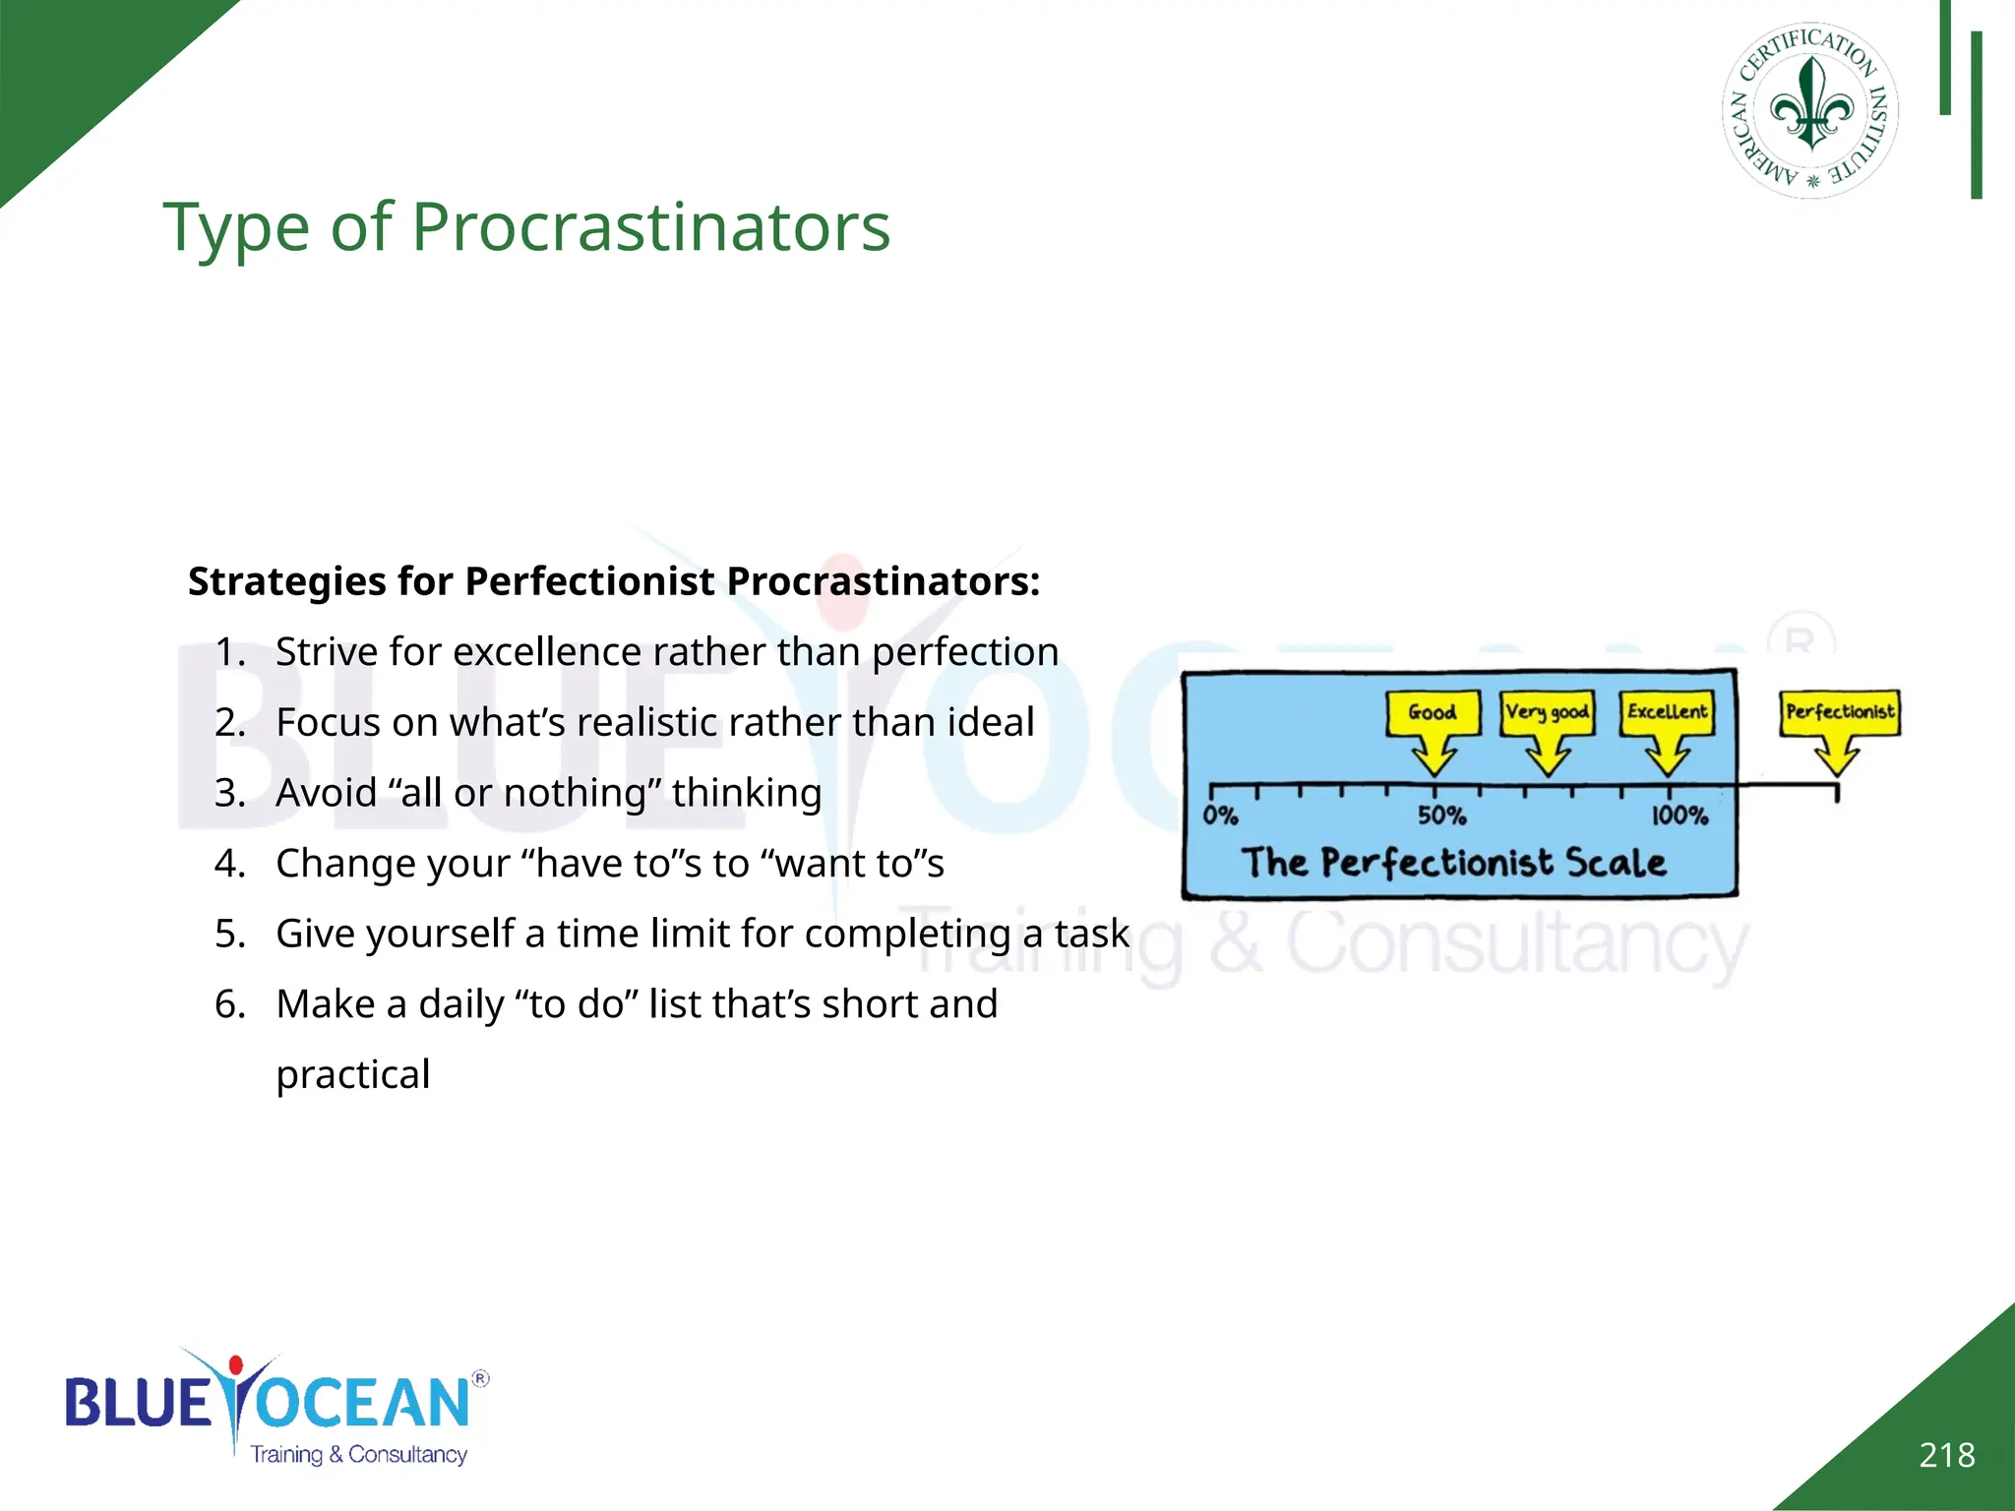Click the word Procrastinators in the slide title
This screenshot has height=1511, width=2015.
(650, 227)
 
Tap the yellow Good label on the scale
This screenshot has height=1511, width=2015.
(1433, 712)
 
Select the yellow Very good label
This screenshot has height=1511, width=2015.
(1547, 712)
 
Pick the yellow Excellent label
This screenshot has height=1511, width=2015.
(1668, 711)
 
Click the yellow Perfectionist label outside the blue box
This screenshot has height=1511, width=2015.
(1840, 711)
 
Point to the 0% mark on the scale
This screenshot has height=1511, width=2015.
(1220, 816)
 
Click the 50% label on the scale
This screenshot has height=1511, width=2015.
(1441, 816)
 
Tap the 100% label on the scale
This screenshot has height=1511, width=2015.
(1679, 816)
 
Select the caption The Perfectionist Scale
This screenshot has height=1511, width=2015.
(1453, 863)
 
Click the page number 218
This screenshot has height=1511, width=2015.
(1946, 1455)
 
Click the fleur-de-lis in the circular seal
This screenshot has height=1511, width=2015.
(1811, 106)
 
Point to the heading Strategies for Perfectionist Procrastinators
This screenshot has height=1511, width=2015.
(614, 581)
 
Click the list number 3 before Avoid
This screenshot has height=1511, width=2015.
(229, 793)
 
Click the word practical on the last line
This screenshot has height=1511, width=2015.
(352, 1074)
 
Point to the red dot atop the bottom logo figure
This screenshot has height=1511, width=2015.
(235, 1365)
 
